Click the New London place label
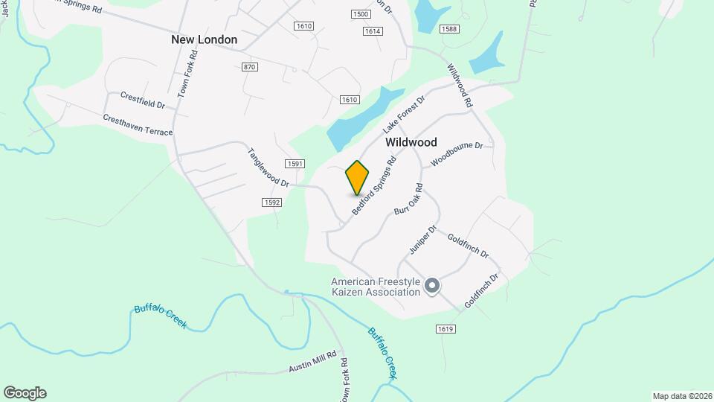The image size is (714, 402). pos(204,39)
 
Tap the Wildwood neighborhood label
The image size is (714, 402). pos(411,141)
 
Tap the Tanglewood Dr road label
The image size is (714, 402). pos(268,167)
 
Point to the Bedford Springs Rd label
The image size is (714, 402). pos(375,186)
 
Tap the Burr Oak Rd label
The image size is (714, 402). pos(408,200)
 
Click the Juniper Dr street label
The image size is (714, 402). pos(422,239)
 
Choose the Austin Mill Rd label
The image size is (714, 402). pos(313,363)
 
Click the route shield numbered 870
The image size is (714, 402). pos(250,67)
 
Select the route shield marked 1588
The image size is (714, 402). pos(448,29)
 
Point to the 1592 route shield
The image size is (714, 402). pos(271,202)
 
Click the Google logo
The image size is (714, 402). pos(25,393)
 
